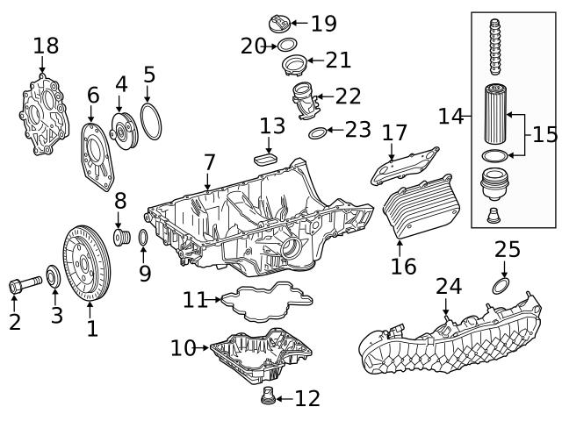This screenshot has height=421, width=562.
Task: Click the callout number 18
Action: [x=46, y=46]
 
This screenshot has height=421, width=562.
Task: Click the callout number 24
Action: [x=448, y=285]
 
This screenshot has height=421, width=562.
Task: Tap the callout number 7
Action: [x=209, y=162]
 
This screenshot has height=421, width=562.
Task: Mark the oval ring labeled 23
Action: [x=317, y=133]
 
